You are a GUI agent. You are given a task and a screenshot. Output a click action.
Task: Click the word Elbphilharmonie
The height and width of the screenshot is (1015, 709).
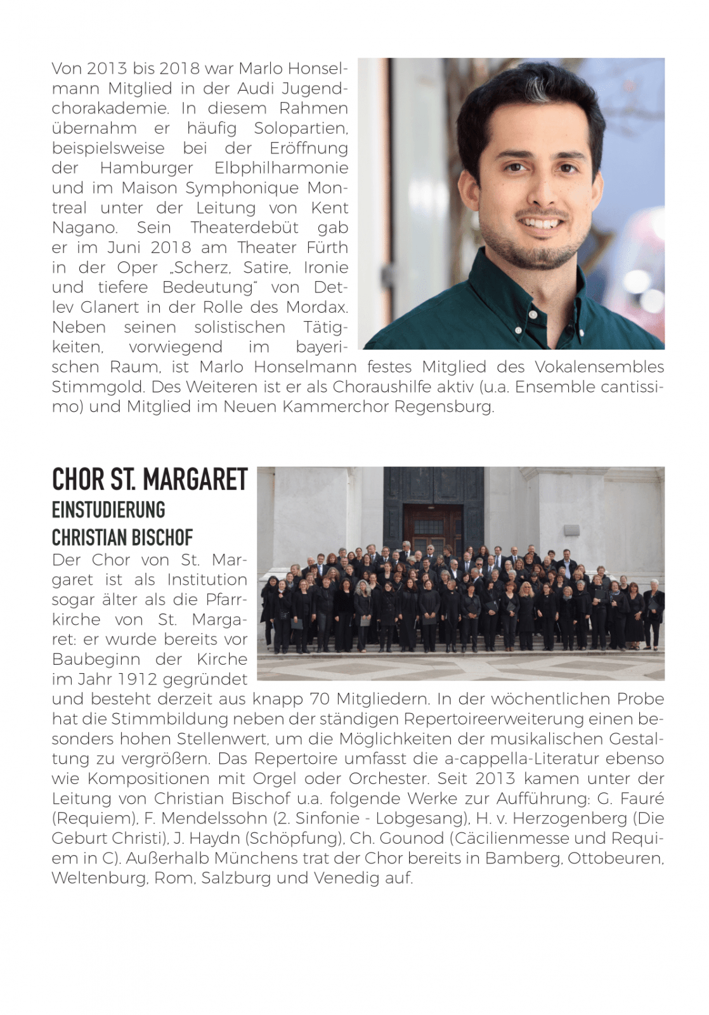pyautogui.click(x=282, y=168)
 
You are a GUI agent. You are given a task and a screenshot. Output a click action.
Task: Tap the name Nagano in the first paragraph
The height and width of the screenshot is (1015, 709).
pyautogui.click(x=84, y=228)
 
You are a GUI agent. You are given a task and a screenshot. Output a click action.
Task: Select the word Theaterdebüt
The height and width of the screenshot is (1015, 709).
pyautogui.click(x=244, y=228)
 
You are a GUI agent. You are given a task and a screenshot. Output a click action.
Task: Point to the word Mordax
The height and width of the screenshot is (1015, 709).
pyautogui.click(x=316, y=307)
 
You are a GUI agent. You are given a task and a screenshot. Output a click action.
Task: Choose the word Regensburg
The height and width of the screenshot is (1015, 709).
pyautogui.click(x=443, y=407)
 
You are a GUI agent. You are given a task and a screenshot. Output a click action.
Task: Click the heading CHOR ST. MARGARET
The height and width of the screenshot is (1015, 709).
pyautogui.click(x=150, y=480)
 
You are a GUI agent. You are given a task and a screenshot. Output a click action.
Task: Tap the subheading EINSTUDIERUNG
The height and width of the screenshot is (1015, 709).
pyautogui.click(x=108, y=510)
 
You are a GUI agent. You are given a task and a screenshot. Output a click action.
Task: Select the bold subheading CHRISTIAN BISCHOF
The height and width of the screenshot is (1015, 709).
pyautogui.click(x=122, y=538)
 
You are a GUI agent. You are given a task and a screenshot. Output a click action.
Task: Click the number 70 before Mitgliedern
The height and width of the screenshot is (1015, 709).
pyautogui.click(x=320, y=699)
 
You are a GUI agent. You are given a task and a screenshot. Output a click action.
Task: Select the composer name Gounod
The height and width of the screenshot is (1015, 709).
pyautogui.click(x=412, y=838)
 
